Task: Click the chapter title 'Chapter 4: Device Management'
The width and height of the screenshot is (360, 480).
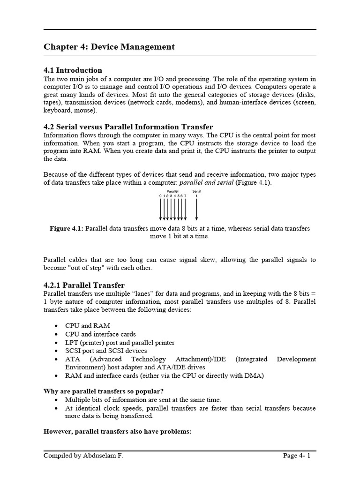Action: coord(109,46)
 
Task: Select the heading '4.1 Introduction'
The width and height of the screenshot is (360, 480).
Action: coord(73,70)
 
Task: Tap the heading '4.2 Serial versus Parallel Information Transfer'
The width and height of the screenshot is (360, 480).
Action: coord(128,127)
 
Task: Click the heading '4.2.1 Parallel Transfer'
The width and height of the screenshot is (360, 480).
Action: coord(84,285)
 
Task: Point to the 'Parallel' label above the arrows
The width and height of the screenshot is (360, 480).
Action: coord(173,191)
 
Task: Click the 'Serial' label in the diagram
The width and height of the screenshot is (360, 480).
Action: coord(196,191)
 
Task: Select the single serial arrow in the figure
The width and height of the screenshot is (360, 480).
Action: coord(196,209)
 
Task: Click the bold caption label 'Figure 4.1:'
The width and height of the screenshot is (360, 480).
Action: coord(67,228)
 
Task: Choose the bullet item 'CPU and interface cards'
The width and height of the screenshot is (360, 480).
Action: coord(100,334)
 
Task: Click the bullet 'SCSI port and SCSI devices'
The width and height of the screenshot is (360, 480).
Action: coord(105,351)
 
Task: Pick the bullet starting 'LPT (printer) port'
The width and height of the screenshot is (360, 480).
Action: coord(120,343)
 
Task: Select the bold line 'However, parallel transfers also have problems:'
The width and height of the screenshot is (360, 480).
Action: coord(117,432)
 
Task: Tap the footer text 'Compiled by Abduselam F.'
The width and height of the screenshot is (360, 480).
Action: coord(83,455)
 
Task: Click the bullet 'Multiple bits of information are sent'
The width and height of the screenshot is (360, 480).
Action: coord(142,399)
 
